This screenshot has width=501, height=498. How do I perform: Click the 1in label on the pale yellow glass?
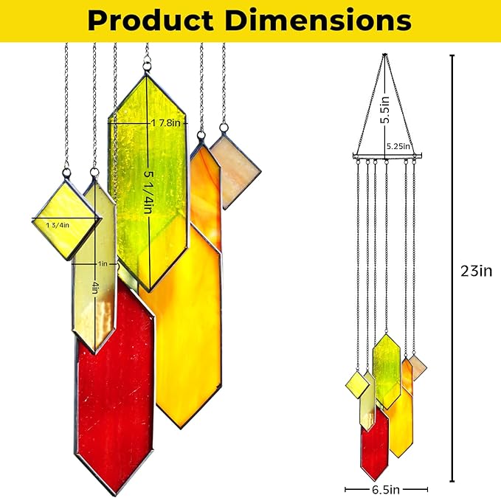tap(102, 262)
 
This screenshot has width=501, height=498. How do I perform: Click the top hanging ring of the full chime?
tap(384, 56)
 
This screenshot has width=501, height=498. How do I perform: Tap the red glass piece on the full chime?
tap(374, 439)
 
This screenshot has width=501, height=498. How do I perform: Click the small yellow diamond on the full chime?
tap(357, 384)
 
